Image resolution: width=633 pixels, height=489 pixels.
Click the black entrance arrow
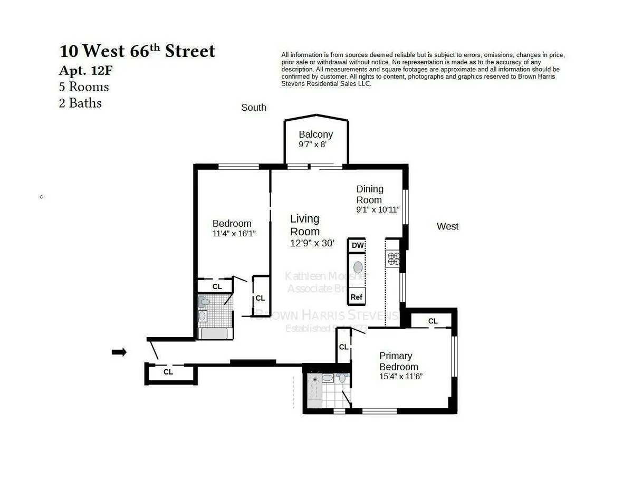[119, 352]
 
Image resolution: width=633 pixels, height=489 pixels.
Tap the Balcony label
[315, 134]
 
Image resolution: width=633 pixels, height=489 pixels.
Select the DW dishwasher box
[357, 245]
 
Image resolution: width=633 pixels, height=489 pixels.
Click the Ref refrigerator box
[357, 297]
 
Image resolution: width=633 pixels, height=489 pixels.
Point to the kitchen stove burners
[394, 258]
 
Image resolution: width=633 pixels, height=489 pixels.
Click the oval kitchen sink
[358, 267]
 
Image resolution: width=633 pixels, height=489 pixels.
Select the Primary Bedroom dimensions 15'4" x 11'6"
[400, 377]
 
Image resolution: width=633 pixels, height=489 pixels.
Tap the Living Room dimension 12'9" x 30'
[312, 243]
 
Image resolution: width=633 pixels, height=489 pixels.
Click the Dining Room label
[369, 194]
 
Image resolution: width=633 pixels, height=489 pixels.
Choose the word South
[254, 108]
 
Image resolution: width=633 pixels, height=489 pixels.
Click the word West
[447, 226]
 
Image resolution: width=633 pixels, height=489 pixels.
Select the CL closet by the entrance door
[168, 372]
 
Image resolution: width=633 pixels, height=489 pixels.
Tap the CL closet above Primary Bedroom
[433, 321]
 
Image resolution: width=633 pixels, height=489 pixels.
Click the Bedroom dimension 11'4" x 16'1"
[234, 233]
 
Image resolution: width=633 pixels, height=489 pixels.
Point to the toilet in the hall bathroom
[204, 302]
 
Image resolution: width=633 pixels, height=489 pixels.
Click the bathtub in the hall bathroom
[214, 333]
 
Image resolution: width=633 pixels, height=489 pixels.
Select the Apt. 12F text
[86, 70]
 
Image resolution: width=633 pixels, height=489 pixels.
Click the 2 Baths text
[80, 103]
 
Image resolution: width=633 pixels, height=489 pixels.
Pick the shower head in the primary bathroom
[315, 379]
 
